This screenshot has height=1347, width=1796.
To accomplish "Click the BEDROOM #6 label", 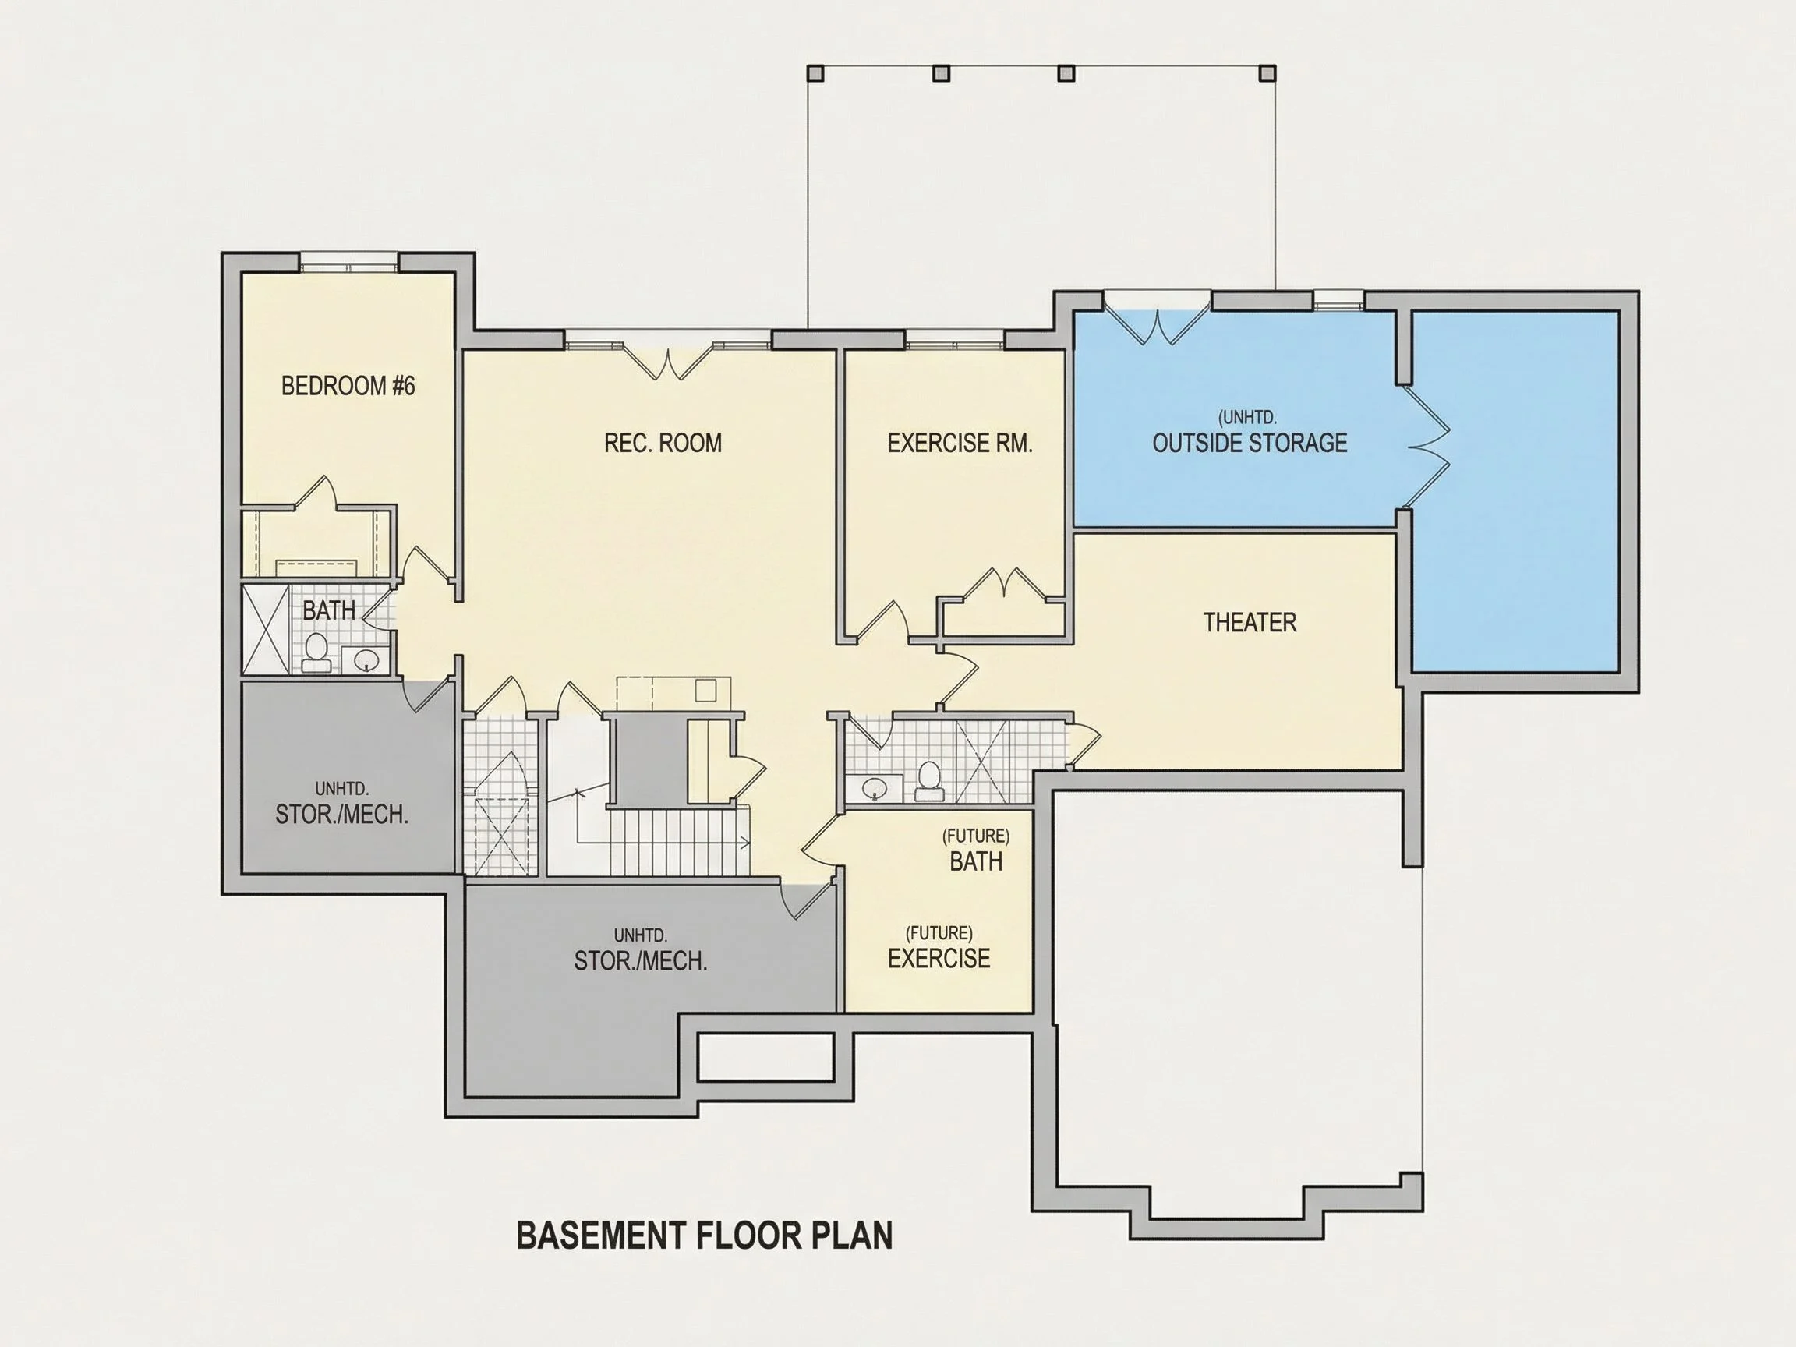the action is [x=348, y=386].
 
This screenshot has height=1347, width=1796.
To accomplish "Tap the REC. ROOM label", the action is [x=663, y=443].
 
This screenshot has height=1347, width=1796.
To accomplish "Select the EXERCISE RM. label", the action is [x=960, y=444].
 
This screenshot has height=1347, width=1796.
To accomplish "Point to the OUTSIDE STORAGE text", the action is [x=1250, y=443].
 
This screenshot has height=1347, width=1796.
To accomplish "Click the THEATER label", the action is [x=1250, y=623].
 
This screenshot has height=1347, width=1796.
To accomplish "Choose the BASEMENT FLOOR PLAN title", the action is [x=705, y=1235].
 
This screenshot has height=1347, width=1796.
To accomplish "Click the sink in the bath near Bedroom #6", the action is [x=368, y=659].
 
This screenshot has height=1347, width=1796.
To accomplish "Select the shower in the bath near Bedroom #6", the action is [x=267, y=629].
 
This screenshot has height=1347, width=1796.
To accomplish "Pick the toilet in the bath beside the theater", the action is [x=928, y=780].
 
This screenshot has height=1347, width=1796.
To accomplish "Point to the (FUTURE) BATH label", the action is [x=976, y=850].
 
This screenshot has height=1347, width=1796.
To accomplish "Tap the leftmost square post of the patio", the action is [x=816, y=73].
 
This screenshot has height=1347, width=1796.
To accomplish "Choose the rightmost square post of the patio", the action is [x=1267, y=73].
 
